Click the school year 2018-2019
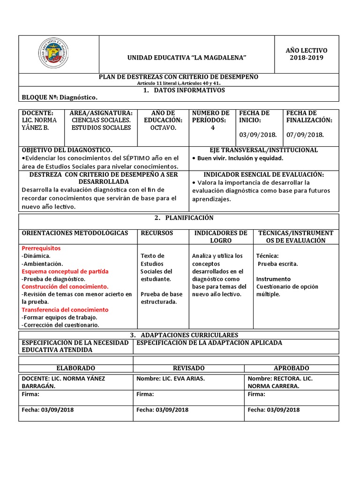[x=306, y=58]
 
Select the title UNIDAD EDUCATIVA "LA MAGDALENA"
[x=187, y=57]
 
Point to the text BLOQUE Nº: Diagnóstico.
[x=60, y=97]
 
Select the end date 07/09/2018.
[x=305, y=135]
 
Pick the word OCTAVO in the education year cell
[x=163, y=128]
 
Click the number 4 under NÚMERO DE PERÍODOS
[x=212, y=128]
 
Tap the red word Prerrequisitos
[x=41, y=248]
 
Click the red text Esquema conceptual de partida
[x=65, y=271]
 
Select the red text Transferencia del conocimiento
[x=65, y=310]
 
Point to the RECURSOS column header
[x=157, y=233]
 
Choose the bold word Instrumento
[x=273, y=279]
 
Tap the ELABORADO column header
[x=75, y=368]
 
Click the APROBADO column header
[x=291, y=368]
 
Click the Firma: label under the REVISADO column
[x=145, y=394]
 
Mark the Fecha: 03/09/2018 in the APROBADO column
[x=274, y=410]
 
